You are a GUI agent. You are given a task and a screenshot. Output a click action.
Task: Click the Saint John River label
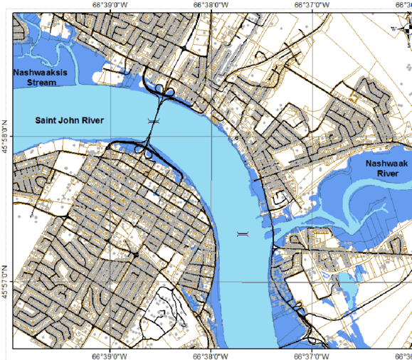tap(70, 121)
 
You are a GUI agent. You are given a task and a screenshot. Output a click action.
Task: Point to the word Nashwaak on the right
tap(385, 164)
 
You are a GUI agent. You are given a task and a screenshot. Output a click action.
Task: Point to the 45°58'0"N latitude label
tap(6, 144)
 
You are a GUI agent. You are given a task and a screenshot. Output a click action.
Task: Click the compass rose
tap(403, 29)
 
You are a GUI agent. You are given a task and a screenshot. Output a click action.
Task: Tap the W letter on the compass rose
tap(392, 29)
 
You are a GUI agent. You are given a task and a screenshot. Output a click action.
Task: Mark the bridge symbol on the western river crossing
tap(152, 122)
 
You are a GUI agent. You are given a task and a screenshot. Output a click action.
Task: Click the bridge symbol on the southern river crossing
tap(243, 233)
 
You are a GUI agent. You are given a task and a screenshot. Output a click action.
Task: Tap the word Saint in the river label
tap(46, 121)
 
